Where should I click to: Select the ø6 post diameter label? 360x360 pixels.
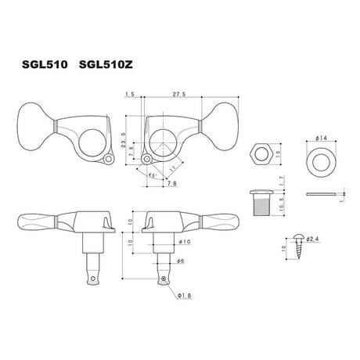pyautogui.click(x=180, y=260)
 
